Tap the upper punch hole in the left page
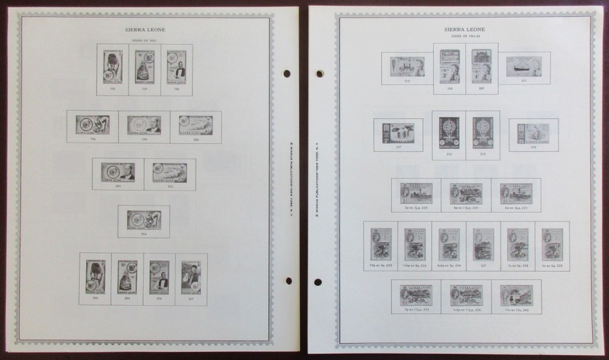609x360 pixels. coord(287,74)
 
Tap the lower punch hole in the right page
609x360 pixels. coord(319,282)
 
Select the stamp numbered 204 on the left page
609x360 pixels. coord(144,220)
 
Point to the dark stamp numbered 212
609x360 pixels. coord(449,132)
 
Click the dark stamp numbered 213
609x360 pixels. coord(482,132)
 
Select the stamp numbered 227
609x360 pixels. coord(398,133)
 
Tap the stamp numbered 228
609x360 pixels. coord(533,133)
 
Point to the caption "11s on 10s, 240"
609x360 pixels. coord(516,310)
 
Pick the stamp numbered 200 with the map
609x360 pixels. coord(196,125)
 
